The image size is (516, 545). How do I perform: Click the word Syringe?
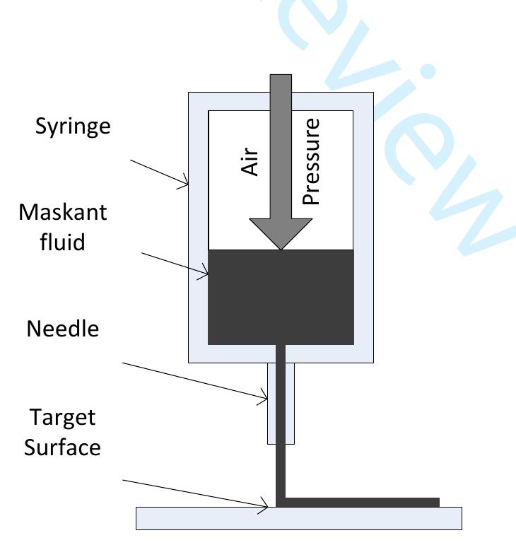(x=73, y=127)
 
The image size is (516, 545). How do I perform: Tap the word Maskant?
(x=63, y=212)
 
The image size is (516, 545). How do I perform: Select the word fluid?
(x=62, y=242)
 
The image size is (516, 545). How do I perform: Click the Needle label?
(x=63, y=329)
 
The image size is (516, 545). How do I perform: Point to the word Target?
(x=62, y=418)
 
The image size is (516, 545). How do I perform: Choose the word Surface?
(x=62, y=447)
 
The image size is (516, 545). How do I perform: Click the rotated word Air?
(x=250, y=162)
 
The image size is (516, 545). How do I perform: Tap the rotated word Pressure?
(x=310, y=162)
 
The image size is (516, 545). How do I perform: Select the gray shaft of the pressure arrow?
(x=281, y=146)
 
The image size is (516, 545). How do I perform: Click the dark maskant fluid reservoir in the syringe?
(x=281, y=297)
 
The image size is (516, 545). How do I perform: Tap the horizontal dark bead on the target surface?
(x=362, y=503)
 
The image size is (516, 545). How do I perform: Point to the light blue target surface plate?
(x=299, y=518)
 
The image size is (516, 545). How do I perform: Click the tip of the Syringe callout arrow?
(x=188, y=184)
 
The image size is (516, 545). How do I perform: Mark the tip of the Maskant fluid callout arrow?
(x=208, y=274)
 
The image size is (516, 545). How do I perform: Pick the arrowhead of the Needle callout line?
(x=267, y=399)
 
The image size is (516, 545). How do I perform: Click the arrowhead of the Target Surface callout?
(x=268, y=507)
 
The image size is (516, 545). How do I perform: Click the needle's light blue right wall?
(x=290, y=404)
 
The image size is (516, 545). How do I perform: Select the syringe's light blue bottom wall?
(x=281, y=354)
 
